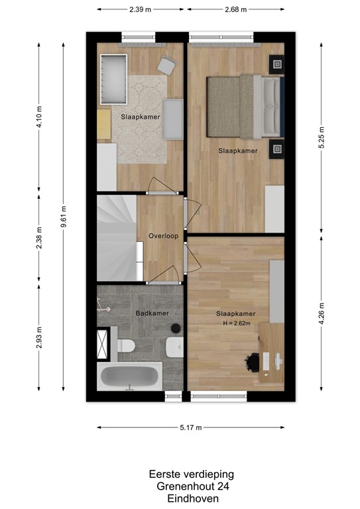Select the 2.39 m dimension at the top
141,10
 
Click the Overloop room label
163,235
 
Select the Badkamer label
152,313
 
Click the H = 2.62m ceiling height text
237,323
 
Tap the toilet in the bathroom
126,345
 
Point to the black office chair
253,362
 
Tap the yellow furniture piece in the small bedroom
104,124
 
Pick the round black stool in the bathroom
176,328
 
